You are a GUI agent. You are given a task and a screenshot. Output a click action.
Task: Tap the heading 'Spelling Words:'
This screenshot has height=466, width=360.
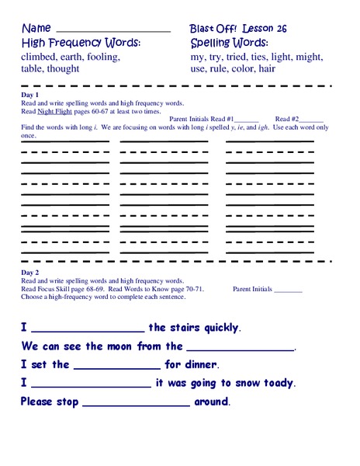click(230, 43)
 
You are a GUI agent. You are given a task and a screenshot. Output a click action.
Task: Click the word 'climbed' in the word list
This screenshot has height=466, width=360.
click(41, 57)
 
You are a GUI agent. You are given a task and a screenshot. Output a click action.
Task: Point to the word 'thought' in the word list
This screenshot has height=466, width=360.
click(71, 69)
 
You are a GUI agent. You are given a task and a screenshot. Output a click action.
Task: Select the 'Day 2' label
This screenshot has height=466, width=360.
click(29, 274)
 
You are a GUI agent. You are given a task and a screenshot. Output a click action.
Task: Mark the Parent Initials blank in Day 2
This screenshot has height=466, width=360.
click(289, 290)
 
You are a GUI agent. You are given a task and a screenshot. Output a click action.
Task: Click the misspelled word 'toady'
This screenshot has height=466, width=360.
click(278, 383)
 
